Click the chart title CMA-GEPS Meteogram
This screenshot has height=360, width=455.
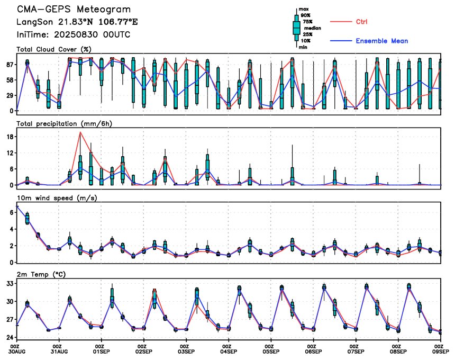point(74,10)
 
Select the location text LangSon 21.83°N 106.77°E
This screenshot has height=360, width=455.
point(77,22)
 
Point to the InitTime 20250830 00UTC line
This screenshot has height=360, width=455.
point(74,35)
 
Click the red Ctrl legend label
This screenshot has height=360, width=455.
point(361,22)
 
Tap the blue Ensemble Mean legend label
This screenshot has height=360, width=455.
point(382,41)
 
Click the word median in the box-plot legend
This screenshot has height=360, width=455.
point(313,28)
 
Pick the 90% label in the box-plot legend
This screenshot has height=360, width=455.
point(306,15)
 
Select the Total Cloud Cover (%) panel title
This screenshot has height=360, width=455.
point(54,49)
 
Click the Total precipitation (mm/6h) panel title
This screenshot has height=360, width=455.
point(64,124)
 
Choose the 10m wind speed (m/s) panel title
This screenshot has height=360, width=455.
point(57,198)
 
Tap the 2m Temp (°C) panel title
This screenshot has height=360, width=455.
point(41,274)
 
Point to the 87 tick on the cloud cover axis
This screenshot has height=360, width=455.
point(10,65)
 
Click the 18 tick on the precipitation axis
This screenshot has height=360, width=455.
point(10,137)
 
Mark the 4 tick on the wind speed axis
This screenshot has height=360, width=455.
point(12,229)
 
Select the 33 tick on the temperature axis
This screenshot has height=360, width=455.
point(10,283)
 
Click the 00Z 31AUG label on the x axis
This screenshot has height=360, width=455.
point(59,349)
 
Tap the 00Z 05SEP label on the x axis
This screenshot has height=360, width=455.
point(271,349)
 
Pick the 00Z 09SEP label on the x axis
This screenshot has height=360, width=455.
point(440,349)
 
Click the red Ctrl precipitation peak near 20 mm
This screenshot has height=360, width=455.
point(80,132)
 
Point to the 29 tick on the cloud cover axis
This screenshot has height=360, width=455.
point(10,95)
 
